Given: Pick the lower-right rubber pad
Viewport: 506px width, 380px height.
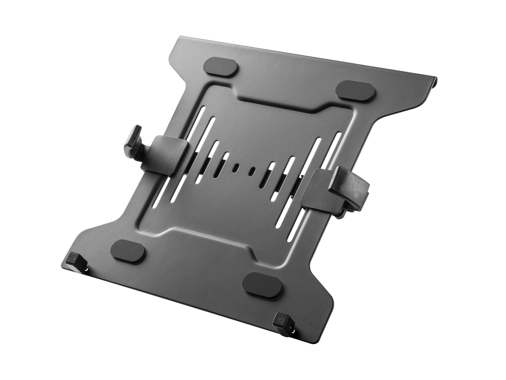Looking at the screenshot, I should (x=262, y=285).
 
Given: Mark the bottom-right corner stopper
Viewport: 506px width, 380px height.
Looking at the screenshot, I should (x=282, y=323).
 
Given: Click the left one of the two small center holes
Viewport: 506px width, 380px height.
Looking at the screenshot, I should (x=236, y=166).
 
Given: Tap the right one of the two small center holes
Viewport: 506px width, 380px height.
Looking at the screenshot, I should (x=253, y=171).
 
